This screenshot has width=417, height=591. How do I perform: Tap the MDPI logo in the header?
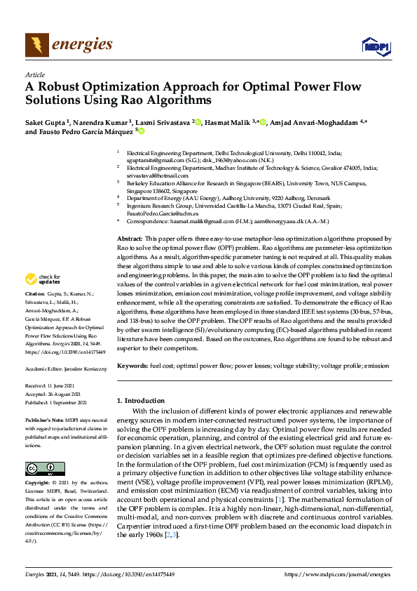coord(375,46)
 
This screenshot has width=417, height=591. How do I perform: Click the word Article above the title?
coord(34,74)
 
